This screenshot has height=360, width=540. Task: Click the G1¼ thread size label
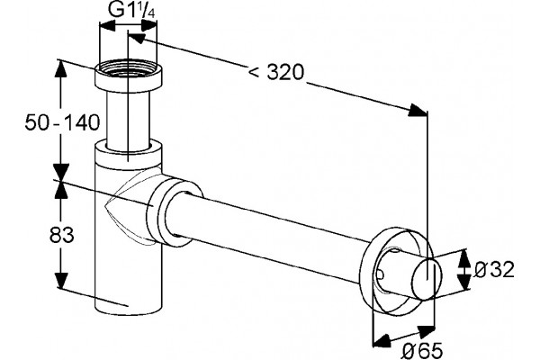(x=132, y=11)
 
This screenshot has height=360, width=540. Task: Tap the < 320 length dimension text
(x=276, y=72)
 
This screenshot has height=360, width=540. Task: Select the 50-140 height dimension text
(x=62, y=122)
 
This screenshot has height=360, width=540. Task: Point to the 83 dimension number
(x=62, y=236)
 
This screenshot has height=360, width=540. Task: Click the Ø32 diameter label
(x=493, y=269)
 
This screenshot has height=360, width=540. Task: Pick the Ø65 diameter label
(x=422, y=351)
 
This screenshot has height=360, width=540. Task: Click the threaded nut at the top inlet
(x=128, y=75)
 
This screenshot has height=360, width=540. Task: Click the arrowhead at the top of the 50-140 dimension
(x=60, y=69)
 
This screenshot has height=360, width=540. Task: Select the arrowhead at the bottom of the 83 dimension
(x=61, y=280)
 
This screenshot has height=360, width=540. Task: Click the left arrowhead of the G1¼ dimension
(x=107, y=26)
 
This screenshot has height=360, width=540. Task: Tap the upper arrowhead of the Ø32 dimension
(x=465, y=257)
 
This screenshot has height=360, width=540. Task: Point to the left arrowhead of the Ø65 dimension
(x=382, y=341)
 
